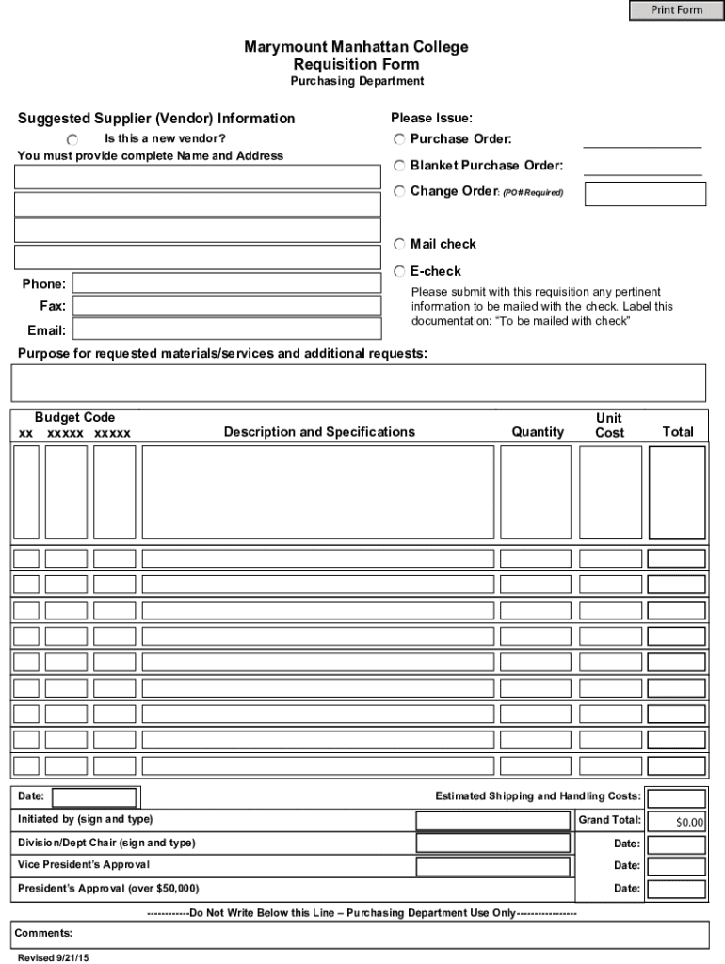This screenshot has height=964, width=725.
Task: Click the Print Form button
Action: (676, 10)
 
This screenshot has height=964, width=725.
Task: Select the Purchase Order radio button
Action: (399, 139)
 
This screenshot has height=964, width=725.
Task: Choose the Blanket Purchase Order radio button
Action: (399, 166)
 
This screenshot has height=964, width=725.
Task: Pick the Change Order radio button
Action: (399, 191)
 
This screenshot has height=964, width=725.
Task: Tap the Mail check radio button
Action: (399, 245)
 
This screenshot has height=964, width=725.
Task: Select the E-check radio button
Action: (399, 271)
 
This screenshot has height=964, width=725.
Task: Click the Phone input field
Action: (226, 283)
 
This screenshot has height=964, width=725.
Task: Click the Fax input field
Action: (226, 306)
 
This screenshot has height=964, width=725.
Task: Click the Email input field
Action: (226, 329)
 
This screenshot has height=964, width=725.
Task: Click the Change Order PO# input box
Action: (645, 194)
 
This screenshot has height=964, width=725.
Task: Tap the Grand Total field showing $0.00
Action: (676, 821)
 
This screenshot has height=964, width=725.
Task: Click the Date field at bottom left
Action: (90, 797)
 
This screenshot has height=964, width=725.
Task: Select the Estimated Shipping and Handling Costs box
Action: (676, 798)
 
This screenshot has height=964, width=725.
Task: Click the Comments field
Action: (360, 935)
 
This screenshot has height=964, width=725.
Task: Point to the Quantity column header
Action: (538, 432)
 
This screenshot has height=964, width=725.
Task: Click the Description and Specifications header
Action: (319, 432)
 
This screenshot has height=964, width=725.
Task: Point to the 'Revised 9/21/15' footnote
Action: (53, 957)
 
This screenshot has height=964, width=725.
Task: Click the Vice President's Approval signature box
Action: (493, 866)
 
